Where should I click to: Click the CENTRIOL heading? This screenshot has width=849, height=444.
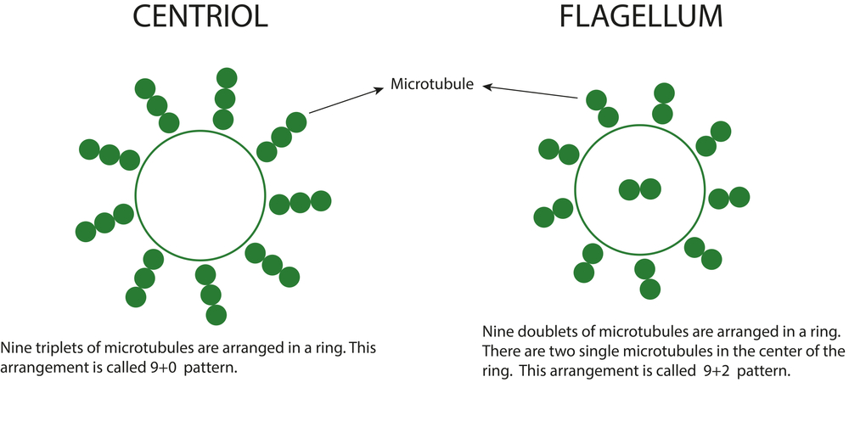200,16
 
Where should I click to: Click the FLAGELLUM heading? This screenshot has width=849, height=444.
640,16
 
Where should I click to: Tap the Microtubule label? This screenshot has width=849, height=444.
432,84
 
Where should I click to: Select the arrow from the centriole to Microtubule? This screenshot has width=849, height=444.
346,101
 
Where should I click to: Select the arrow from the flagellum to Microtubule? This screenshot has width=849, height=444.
530,92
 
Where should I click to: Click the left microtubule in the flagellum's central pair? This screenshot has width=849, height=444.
629,190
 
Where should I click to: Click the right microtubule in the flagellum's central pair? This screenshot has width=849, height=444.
651,189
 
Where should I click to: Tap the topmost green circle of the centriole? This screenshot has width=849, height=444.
227,78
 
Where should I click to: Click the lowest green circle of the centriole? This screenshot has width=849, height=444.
216,315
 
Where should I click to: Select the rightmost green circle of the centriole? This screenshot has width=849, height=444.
321,201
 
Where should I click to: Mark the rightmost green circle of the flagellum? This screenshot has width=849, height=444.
739,197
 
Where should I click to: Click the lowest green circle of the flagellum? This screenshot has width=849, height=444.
649,289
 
